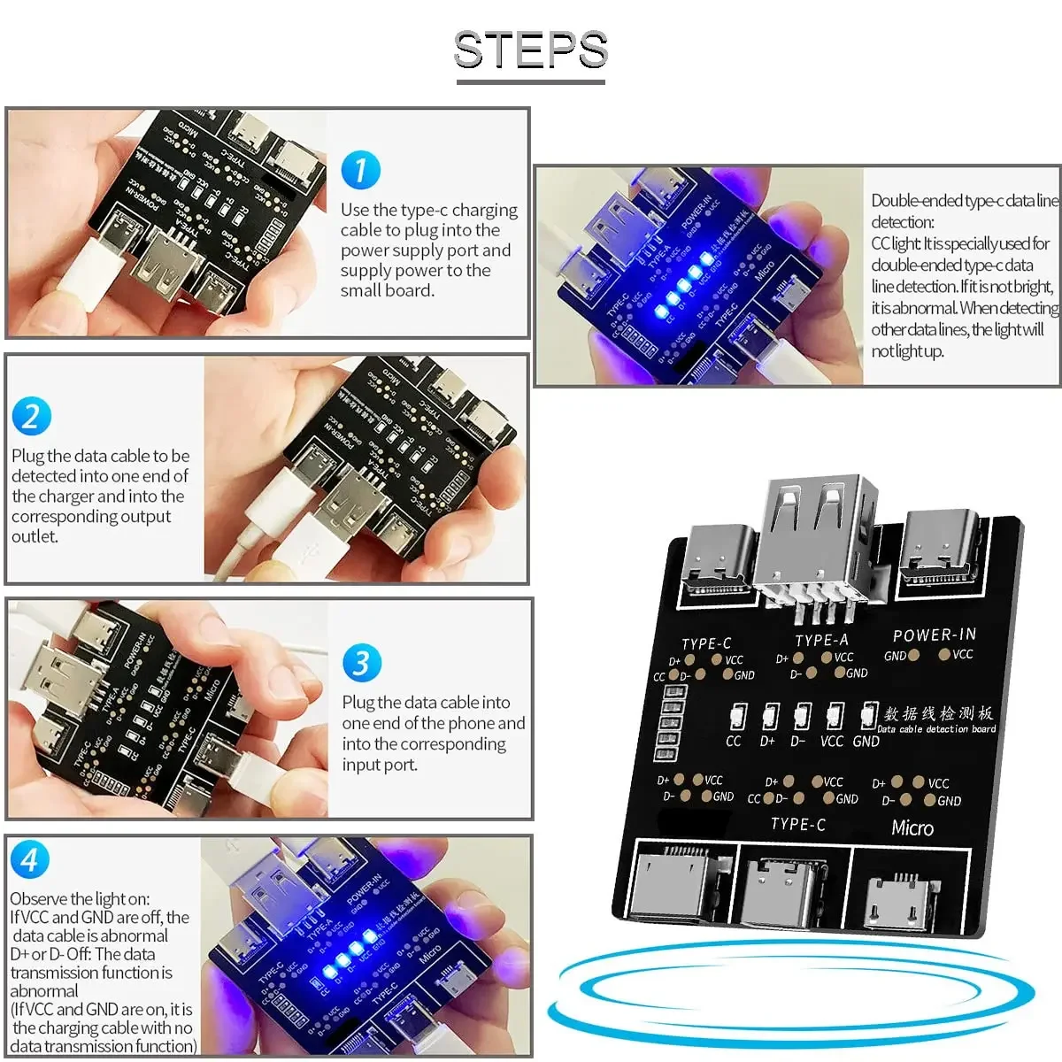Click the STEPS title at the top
point(531,50)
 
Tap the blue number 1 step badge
point(360,170)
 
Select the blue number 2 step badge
point(32,416)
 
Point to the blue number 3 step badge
point(361,663)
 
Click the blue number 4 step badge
point(29,859)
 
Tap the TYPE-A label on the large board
point(821,640)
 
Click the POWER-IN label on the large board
point(934,635)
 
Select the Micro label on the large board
point(912,828)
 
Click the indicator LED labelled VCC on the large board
point(834,715)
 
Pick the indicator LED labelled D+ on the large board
point(770,716)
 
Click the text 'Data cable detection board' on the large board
point(936,729)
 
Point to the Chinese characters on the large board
point(938,712)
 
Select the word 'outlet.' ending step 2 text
point(35,536)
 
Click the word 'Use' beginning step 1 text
point(355,210)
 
